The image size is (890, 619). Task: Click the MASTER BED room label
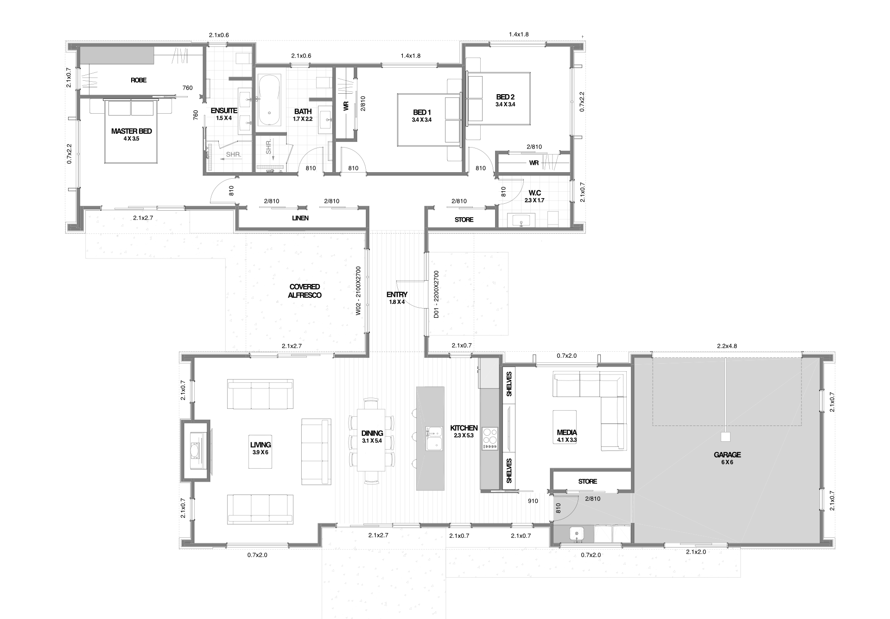131,131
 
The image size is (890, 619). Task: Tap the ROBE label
139,80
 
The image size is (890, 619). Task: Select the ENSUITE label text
224,110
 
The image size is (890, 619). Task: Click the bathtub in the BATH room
269,100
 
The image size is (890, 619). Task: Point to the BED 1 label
422,112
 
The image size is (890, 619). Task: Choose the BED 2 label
505,97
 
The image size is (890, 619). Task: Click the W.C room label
534,193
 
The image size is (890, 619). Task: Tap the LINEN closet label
300,218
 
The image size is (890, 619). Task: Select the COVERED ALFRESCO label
305,291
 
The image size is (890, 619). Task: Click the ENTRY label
397,295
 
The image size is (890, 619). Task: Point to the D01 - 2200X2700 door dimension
436,295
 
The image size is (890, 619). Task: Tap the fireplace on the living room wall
195,450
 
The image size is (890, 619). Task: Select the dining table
371,439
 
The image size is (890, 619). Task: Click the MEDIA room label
566,433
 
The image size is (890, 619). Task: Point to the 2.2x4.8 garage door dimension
726,346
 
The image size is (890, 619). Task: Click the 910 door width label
533,501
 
